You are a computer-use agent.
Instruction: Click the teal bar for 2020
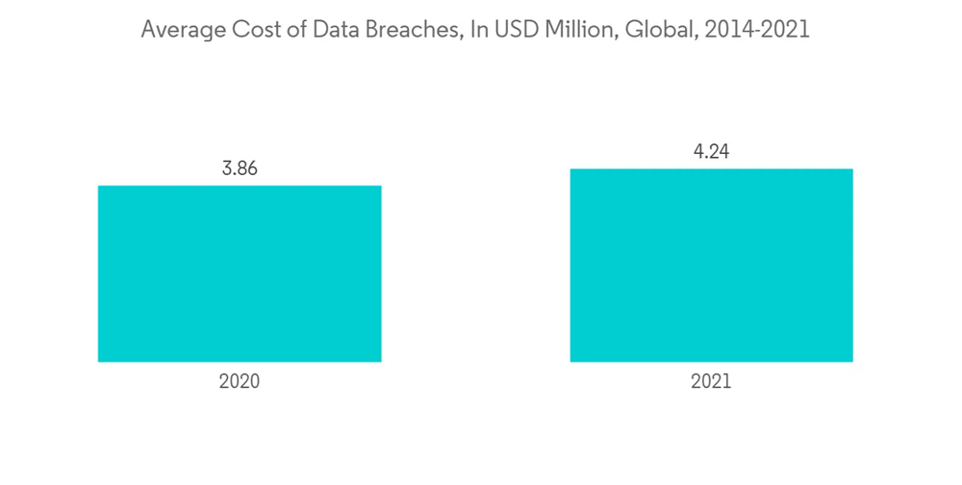[240, 273]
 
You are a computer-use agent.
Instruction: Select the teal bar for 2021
[711, 266]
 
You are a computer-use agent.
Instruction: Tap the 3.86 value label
[240, 168]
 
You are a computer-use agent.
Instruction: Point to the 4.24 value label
[711, 152]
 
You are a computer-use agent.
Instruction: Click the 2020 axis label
[240, 381]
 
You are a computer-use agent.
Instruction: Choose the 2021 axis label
[711, 381]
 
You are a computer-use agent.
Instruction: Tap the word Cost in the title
[245, 31]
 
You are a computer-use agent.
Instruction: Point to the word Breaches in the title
[397, 31]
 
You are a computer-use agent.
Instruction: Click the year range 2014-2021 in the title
[754, 31]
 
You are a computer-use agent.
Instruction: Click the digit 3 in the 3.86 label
[225, 168]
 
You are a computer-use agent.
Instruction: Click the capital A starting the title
[147, 31]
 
